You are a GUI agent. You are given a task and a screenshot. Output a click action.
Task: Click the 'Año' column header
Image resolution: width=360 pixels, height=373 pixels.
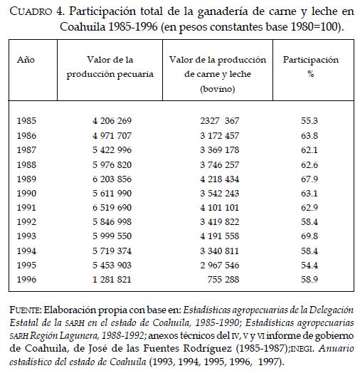[26, 60]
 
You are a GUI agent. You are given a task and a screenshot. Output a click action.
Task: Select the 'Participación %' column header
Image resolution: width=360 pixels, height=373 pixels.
[311, 67]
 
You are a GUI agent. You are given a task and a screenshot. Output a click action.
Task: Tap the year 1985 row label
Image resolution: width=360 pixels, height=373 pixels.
[26, 120]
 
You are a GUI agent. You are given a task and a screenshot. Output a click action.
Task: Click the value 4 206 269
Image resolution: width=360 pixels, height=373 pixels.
[112, 120]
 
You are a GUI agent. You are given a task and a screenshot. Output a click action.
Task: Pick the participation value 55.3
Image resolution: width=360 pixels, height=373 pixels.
[309, 120]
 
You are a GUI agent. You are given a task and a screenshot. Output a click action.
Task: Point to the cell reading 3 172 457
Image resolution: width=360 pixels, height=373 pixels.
[219, 135]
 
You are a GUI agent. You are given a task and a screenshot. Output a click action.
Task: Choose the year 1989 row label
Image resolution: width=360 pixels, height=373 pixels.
[26, 179]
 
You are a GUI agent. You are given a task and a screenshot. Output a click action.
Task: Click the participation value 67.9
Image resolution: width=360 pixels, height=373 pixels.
[309, 179]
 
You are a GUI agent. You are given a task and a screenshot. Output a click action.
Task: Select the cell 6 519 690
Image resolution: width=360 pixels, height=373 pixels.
[112, 207]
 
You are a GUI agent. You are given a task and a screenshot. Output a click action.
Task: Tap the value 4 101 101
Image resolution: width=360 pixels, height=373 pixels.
[219, 207]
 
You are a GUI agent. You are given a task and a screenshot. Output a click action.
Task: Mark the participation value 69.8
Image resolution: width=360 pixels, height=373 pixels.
[309, 236]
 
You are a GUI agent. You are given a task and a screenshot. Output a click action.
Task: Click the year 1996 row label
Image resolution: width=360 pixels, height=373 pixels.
[26, 279]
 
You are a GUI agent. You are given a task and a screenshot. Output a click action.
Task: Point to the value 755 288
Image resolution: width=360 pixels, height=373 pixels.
[223, 279]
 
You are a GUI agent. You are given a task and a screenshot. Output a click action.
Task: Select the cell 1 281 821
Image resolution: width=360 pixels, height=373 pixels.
[112, 279]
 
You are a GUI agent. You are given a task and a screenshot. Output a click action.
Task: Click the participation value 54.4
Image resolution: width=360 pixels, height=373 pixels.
[309, 265]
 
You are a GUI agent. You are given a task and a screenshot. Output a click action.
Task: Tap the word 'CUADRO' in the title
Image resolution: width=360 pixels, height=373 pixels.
[31, 11]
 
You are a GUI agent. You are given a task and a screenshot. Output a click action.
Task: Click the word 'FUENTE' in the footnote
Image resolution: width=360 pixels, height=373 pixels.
[26, 310]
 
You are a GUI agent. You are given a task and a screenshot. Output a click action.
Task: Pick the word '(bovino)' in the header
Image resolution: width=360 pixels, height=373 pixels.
[218, 89]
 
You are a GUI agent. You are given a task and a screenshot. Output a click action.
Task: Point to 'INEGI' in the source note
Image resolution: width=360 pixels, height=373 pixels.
[302, 349]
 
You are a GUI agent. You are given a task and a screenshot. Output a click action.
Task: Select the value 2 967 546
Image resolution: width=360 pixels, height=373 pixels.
[219, 265]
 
